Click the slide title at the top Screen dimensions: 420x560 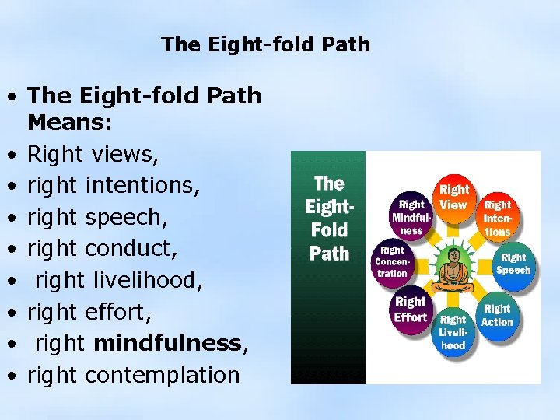point(265,44)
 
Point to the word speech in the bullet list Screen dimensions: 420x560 point(121,217)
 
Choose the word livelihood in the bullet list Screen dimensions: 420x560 point(147,280)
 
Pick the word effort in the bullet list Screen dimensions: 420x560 point(117,311)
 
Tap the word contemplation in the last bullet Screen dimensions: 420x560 point(162,374)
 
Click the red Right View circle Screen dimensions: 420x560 point(454,197)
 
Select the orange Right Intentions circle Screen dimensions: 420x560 point(498,217)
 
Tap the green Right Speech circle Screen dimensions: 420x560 point(513,264)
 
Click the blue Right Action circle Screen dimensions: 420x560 point(497,314)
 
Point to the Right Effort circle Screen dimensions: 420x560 point(410,309)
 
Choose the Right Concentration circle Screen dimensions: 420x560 point(393,262)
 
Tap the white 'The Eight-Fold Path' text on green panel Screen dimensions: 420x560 point(329,218)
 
